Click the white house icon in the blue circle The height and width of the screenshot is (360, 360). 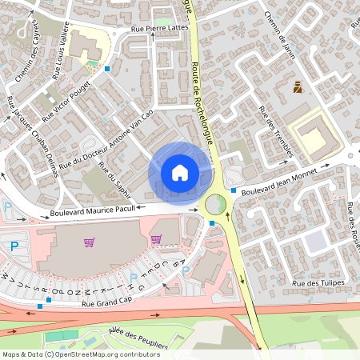(180, 172)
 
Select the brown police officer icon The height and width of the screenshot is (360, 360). (298, 87)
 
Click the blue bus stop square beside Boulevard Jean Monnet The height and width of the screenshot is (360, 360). (234, 190)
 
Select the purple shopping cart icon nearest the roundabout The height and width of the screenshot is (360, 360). (156, 238)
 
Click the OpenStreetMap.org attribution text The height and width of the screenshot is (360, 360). (90, 354)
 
